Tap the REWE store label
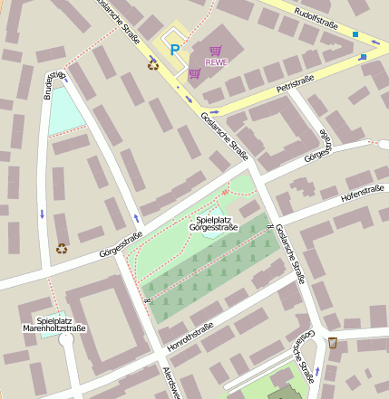click(216, 62)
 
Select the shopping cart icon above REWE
click(215, 51)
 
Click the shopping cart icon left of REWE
click(194, 72)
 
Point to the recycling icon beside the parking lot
click(153, 64)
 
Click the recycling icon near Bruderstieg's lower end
click(62, 247)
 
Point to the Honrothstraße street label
click(190, 335)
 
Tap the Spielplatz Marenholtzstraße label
click(54, 324)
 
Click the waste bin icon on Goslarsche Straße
click(333, 342)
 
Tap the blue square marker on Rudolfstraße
click(355, 34)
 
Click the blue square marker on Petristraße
click(363, 57)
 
